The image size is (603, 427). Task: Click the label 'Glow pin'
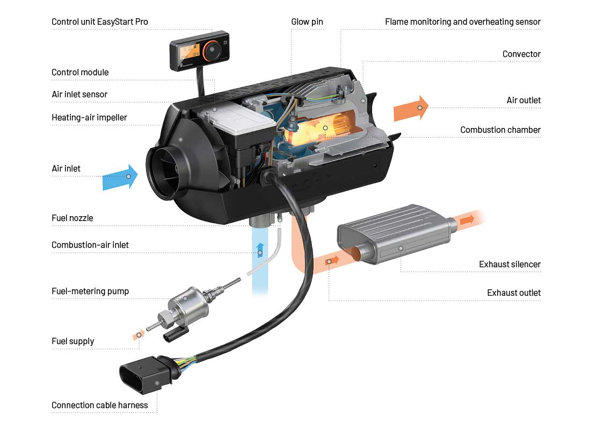coord(307,22)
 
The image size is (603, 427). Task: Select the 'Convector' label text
coord(521,54)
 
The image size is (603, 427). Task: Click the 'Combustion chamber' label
coord(500,130)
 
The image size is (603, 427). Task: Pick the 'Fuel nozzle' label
coord(72,218)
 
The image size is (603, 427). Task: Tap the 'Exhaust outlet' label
coord(513,293)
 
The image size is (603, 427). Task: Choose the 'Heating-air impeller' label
coord(89,117)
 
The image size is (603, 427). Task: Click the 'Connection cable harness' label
coord(99,405)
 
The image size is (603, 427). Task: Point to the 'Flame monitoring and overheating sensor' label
coord(462,22)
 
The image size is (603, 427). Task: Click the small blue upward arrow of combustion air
coord(260,249)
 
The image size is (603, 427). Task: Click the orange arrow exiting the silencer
coord(467,220)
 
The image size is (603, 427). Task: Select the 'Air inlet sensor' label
coord(79,95)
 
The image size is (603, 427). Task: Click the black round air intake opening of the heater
coord(163,172)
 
